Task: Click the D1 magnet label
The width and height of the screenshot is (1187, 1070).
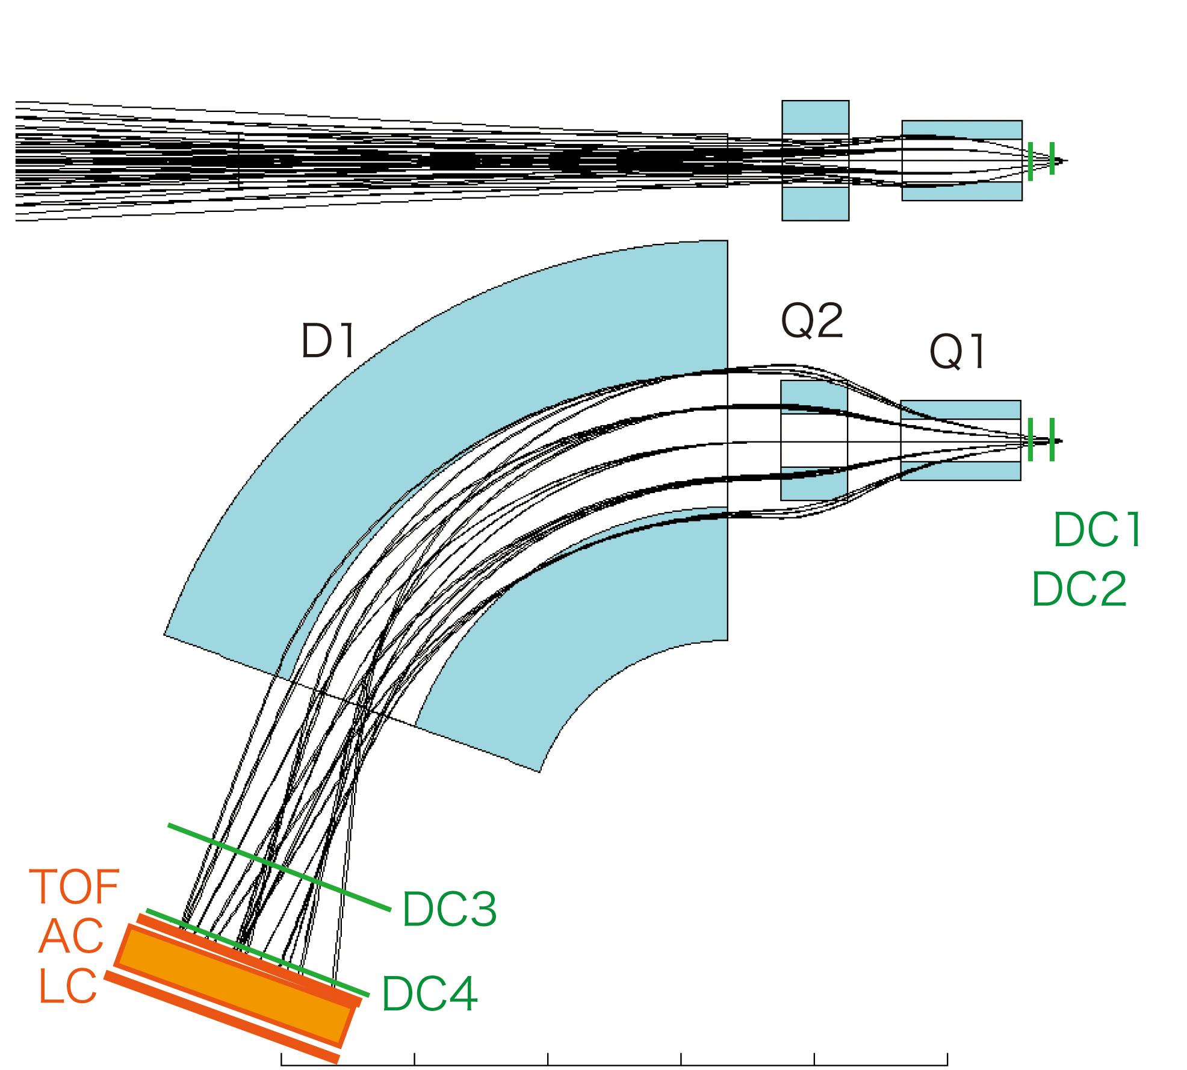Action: tap(328, 341)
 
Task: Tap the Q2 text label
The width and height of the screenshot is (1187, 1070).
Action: tap(812, 322)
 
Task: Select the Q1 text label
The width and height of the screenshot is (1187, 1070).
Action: tap(957, 352)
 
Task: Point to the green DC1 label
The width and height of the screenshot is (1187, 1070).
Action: tap(1097, 530)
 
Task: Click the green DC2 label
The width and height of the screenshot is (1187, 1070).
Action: tap(1079, 589)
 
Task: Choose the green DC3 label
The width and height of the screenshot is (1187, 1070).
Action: tap(449, 909)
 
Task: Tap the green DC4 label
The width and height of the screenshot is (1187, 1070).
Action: tap(430, 994)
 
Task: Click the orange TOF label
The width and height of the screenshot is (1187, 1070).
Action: tap(75, 887)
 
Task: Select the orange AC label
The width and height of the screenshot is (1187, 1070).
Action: tap(71, 936)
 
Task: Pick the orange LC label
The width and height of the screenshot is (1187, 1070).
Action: tap(67, 986)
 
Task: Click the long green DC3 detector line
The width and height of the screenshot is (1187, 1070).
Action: tap(279, 867)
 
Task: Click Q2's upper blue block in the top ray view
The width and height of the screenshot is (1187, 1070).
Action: tap(816, 117)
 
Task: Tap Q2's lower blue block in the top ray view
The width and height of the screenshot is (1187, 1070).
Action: tap(816, 204)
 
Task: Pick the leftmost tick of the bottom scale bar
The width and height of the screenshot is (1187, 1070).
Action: tap(281, 1059)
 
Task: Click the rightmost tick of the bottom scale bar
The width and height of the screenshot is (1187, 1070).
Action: tap(947, 1059)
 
